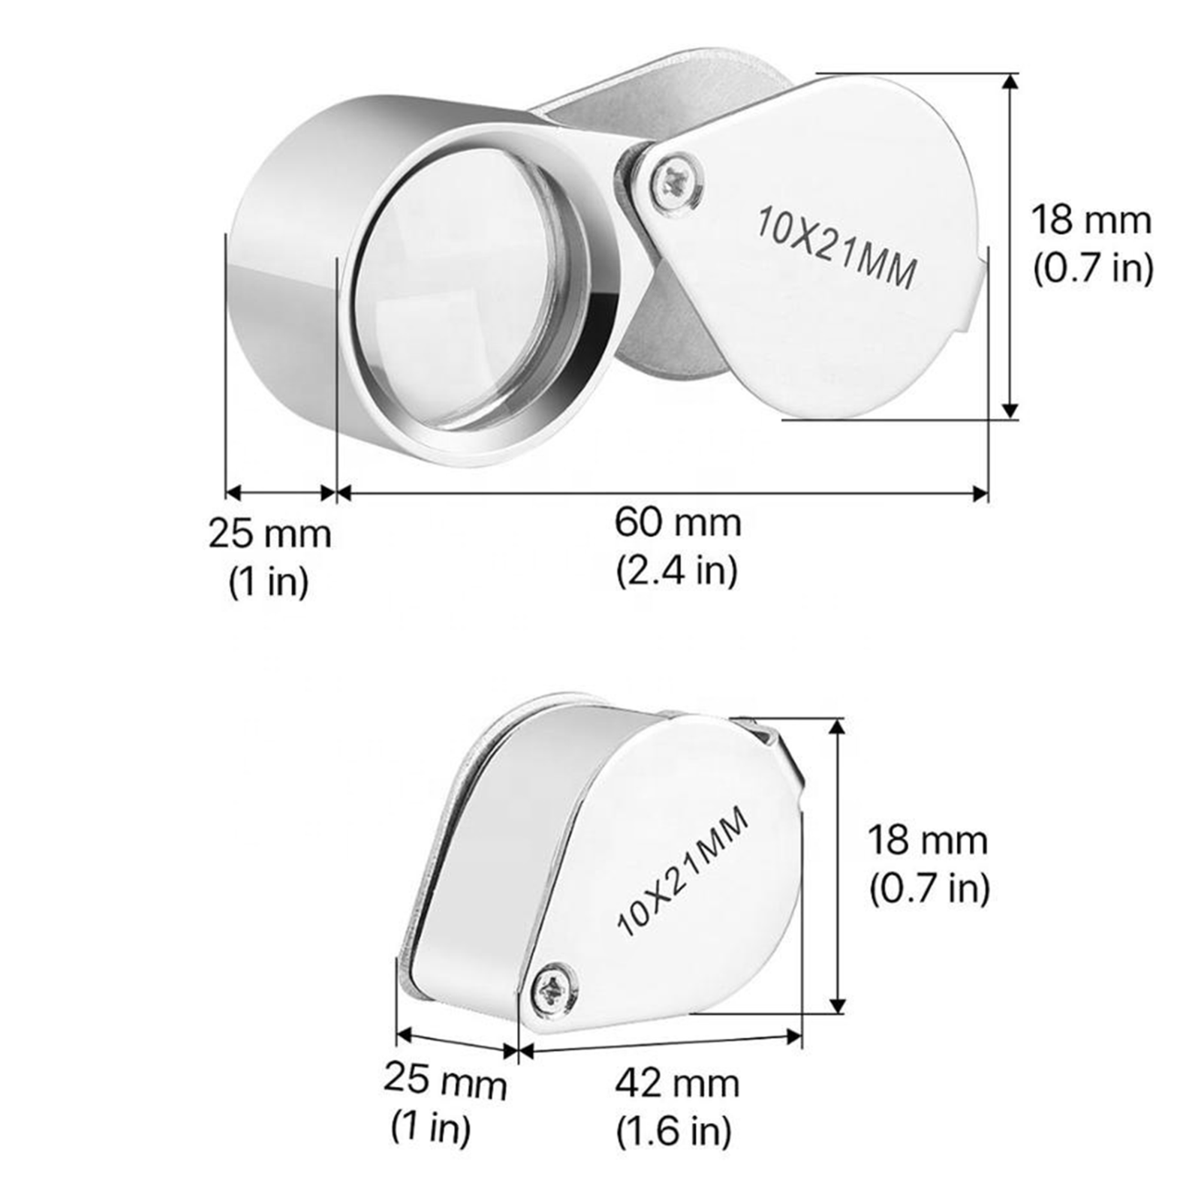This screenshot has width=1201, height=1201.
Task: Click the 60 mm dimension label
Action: click(677, 523)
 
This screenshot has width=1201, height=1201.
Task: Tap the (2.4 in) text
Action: click(677, 571)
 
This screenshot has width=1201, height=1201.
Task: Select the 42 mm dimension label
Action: click(677, 1084)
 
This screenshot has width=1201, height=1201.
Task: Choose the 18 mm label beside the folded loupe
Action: click(928, 840)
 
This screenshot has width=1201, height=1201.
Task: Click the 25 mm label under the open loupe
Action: click(269, 534)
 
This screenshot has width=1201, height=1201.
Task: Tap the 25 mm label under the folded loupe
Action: click(444, 1082)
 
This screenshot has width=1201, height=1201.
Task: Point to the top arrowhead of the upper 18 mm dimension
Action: click(1011, 80)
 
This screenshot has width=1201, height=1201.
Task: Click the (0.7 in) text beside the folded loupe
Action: click(929, 889)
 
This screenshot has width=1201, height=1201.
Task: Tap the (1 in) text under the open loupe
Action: click(269, 581)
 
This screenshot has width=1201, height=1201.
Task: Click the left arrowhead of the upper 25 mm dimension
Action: click(233, 493)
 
